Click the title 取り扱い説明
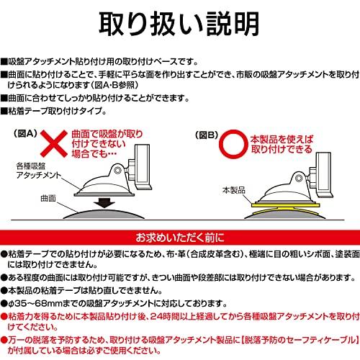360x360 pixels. pos(179,24)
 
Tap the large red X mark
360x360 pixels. pos(54,144)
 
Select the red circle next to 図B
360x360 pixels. pos(233,144)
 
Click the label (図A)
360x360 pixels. pos(25,134)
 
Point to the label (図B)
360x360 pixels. pos(207,135)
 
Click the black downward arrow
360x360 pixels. pos(104,203)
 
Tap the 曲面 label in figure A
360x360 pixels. pos(48,199)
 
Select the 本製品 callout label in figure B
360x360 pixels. pos(234,190)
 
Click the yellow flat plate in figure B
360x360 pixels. pos(285,204)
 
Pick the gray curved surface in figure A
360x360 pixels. pos(104,214)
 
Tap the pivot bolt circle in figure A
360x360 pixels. pos(117,170)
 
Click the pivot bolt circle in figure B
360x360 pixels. pos(299,179)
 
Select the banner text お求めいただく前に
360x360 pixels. pos(180,238)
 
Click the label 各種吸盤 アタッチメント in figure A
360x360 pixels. pos(38,171)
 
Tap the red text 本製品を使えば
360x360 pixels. pos(282,139)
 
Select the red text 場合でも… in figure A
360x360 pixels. pos(94,154)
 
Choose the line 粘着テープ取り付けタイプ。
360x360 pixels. pos(53,111)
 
